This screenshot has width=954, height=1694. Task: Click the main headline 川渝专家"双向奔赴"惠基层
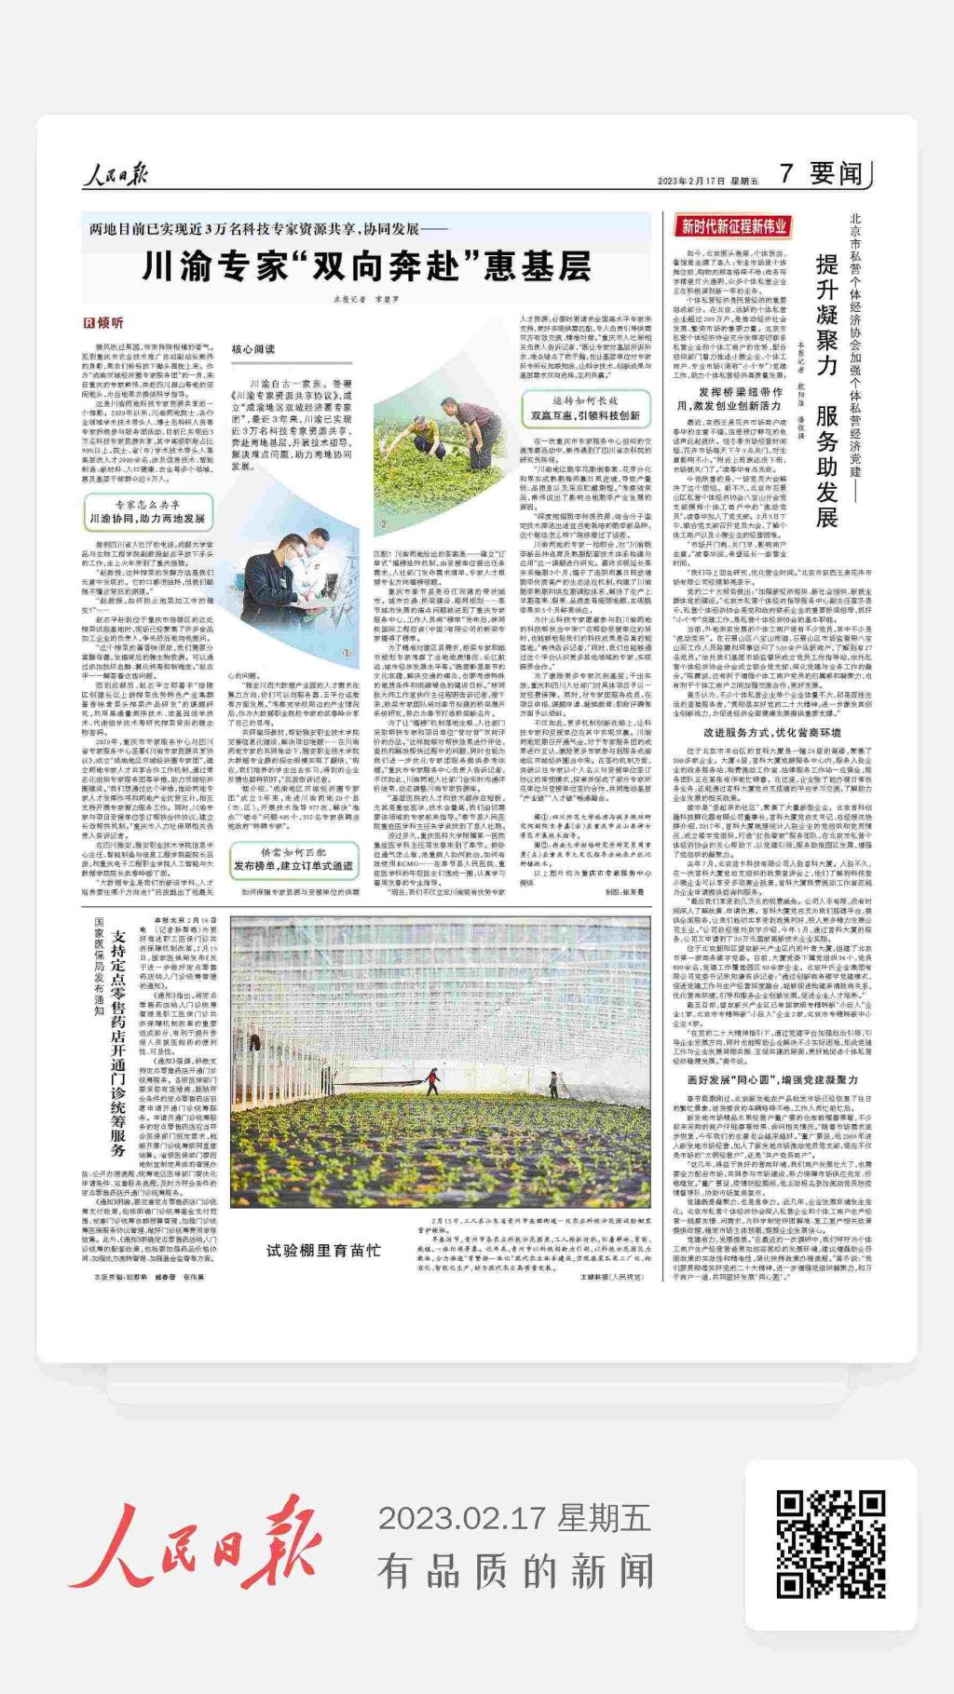[366, 267]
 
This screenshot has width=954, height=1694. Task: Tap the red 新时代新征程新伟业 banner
[734, 226]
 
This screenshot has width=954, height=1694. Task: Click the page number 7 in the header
[786, 173]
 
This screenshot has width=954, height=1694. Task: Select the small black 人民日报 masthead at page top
[115, 174]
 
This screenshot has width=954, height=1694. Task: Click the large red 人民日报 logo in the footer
[196, 1541]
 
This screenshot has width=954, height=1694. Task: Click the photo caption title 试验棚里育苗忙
[323, 1250]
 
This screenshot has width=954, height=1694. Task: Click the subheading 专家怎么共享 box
[148, 511]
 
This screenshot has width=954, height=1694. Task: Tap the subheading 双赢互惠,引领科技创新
[585, 408]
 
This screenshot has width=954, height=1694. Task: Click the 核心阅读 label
[253, 348]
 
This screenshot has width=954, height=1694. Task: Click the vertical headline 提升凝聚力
[826, 314]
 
